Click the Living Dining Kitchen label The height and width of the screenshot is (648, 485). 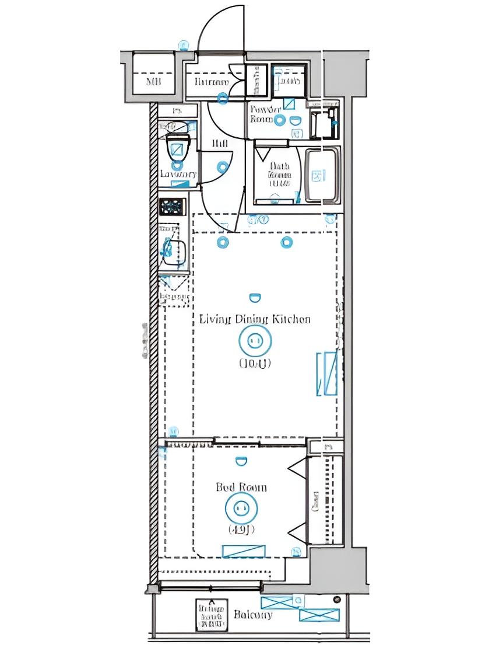(255, 319)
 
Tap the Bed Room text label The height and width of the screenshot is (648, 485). (241, 487)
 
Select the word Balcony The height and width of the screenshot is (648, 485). (253, 615)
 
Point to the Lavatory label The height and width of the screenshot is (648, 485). (178, 174)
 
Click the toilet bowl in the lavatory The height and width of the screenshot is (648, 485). (178, 149)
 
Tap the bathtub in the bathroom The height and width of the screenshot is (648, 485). (321, 175)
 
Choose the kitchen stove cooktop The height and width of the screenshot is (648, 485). (173, 206)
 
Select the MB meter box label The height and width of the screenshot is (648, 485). (153, 81)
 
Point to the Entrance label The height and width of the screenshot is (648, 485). (212, 82)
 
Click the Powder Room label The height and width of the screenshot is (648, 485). (265, 114)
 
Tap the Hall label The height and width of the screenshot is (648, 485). (219, 144)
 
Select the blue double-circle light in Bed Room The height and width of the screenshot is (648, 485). (241, 507)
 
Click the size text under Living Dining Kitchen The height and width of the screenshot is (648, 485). (255, 363)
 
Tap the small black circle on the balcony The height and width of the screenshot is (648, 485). (336, 600)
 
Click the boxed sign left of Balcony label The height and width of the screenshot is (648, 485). (210, 615)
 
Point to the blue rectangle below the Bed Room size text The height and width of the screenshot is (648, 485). (244, 551)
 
